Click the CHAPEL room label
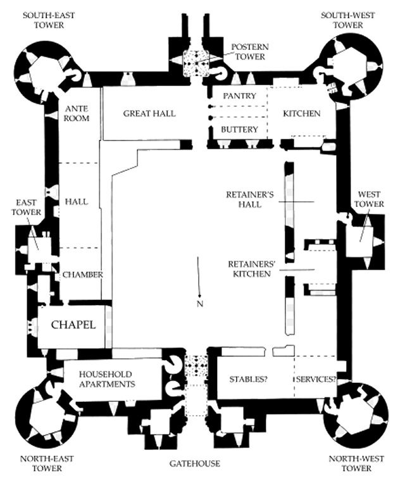pos(73,325)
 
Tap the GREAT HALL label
pos(149,113)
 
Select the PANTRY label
pos(240,96)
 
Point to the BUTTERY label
pos(239,129)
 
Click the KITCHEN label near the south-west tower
pos(301,113)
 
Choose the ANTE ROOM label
pos(77,113)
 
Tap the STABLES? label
pos(247,379)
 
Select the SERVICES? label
pos(315,379)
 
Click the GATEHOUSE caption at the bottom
pos(195,464)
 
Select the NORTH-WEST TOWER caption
pos(350,464)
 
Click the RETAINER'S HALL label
pos(249,199)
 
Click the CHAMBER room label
pos(82,275)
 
